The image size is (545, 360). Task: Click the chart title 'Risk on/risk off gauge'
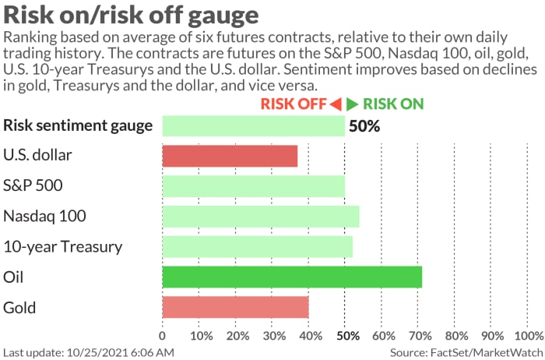click(132, 16)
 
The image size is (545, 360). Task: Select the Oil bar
click(292, 277)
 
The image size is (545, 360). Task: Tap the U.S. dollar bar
click(230, 155)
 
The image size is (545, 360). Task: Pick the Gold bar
click(235, 307)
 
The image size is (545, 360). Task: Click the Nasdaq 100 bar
click(261, 216)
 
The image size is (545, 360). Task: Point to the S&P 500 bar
click(253, 185)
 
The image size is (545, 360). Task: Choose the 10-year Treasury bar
click(257, 246)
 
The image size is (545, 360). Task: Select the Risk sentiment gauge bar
click(253, 125)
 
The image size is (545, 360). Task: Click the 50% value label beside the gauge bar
click(364, 125)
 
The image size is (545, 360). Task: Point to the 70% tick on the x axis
click(420, 336)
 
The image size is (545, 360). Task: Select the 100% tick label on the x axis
click(528, 336)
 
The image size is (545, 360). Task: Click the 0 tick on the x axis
click(162, 336)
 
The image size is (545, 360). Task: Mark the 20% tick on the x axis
click(235, 336)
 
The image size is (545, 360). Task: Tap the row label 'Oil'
click(14, 277)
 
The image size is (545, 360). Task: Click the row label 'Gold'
click(19, 307)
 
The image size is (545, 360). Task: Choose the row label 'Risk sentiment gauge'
click(78, 125)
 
